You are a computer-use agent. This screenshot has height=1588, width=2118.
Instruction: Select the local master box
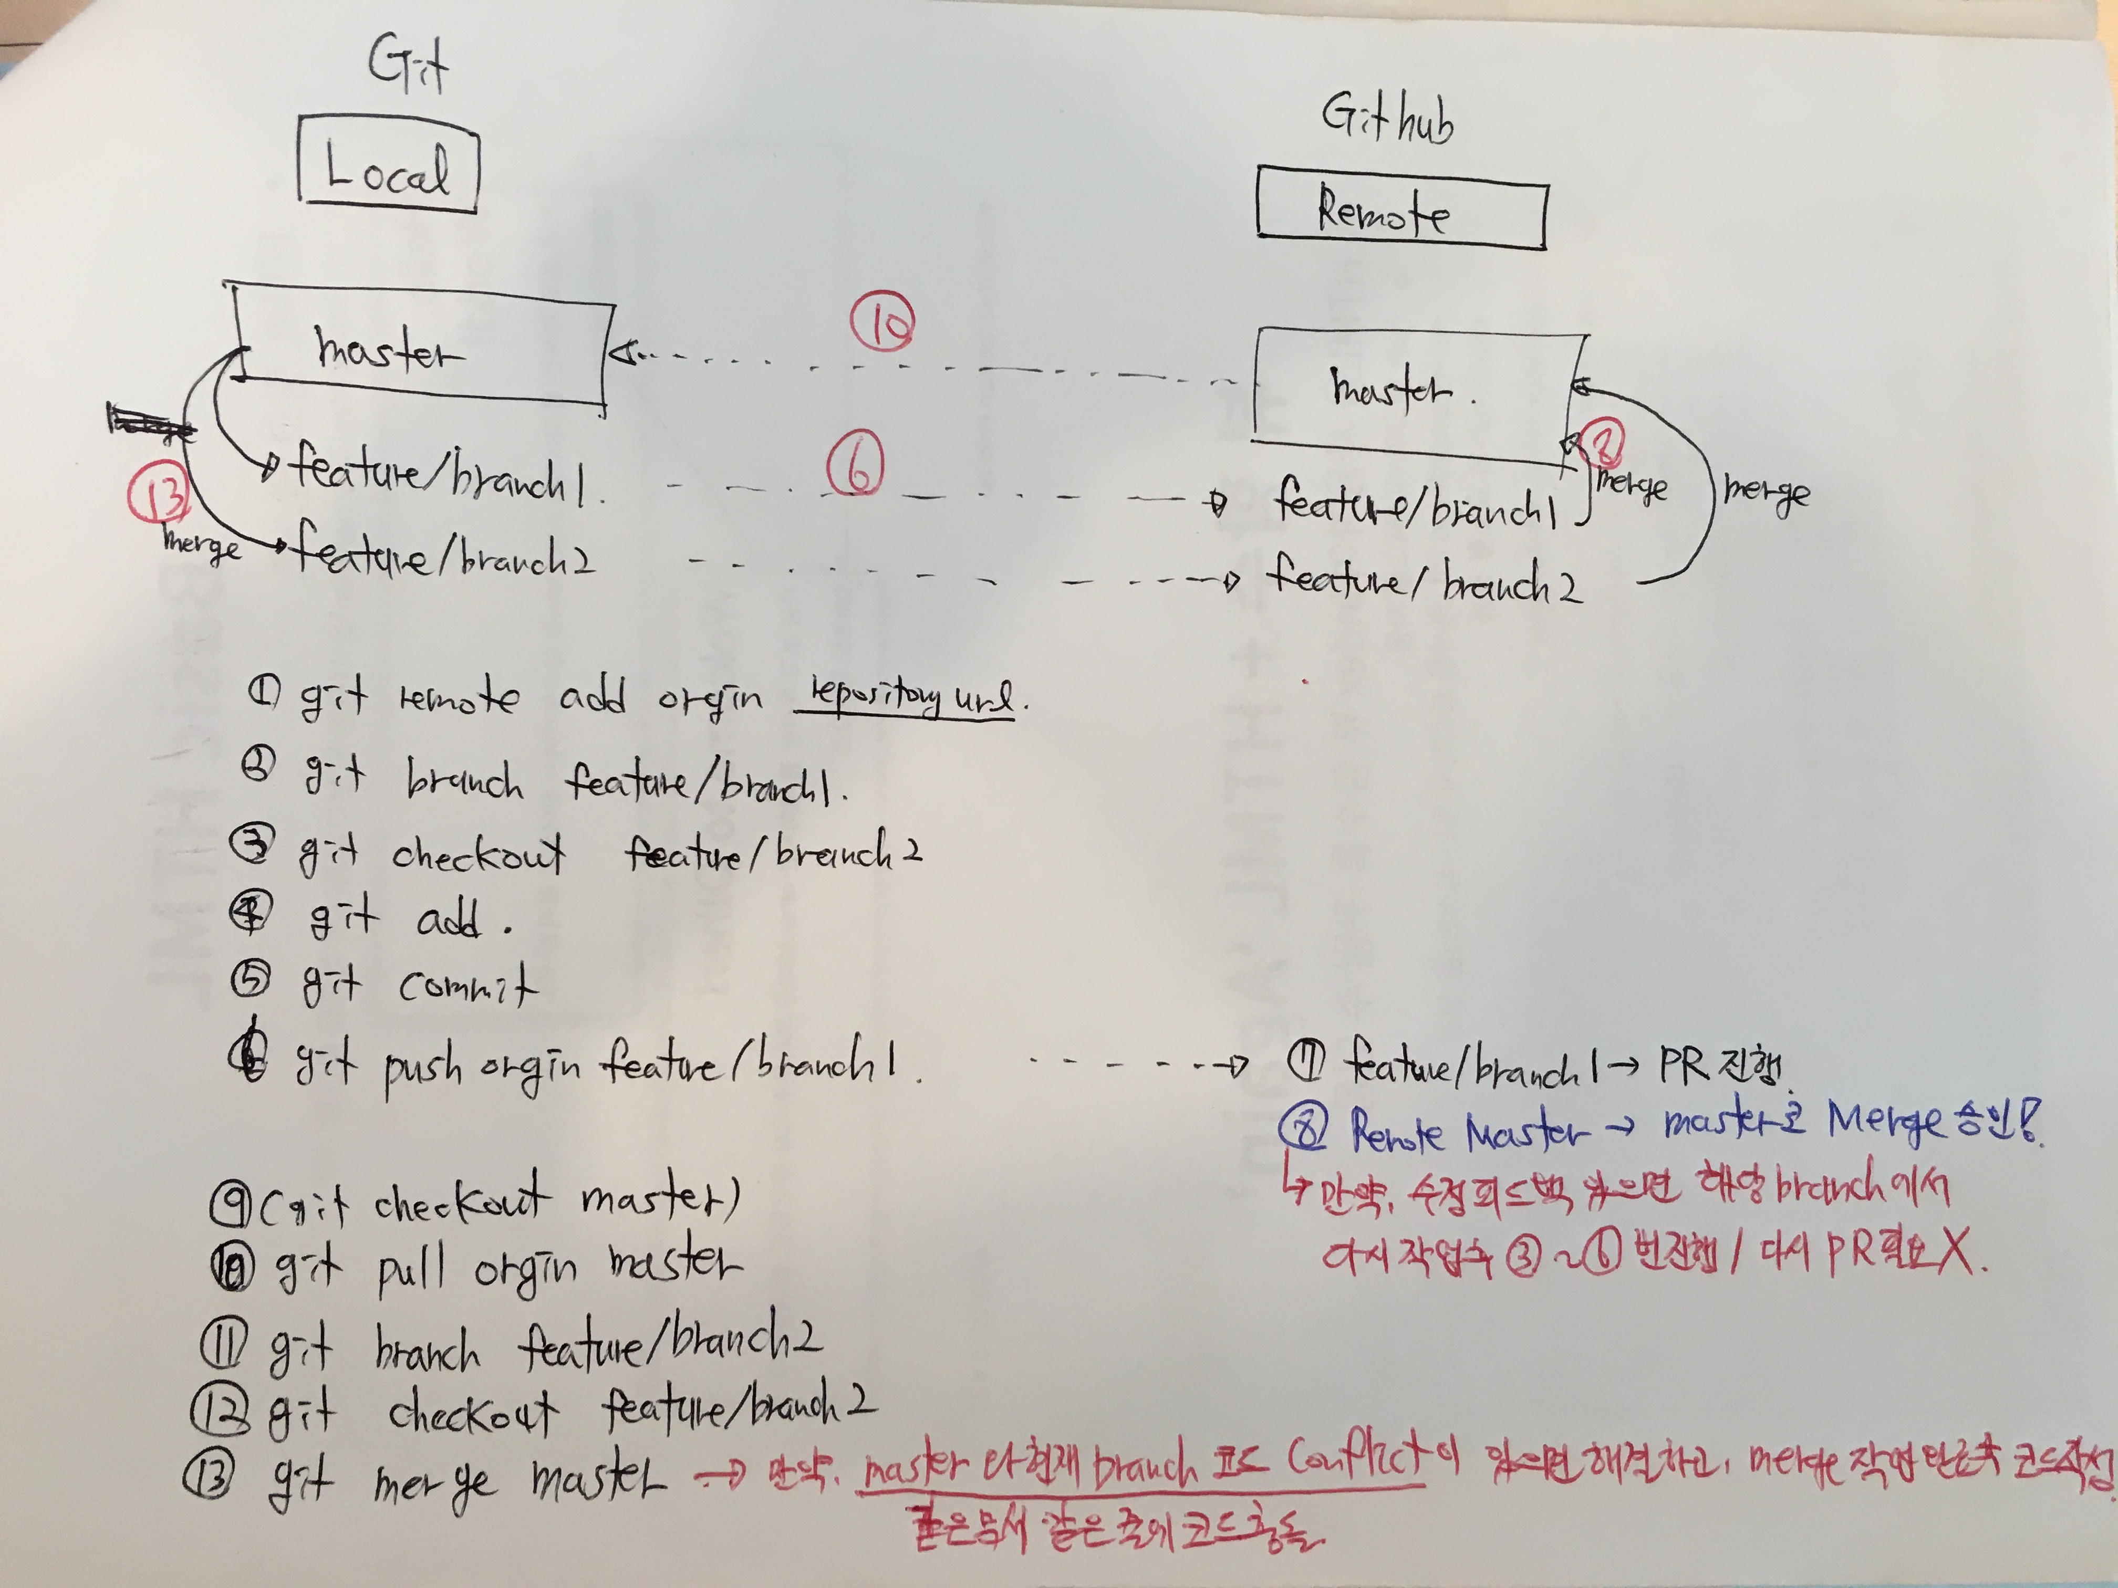point(421,349)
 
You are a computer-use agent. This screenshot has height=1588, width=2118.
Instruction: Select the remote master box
point(1417,388)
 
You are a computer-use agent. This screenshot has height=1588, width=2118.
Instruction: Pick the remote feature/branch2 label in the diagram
point(1422,579)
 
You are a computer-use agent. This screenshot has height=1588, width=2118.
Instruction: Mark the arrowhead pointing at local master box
point(624,356)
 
